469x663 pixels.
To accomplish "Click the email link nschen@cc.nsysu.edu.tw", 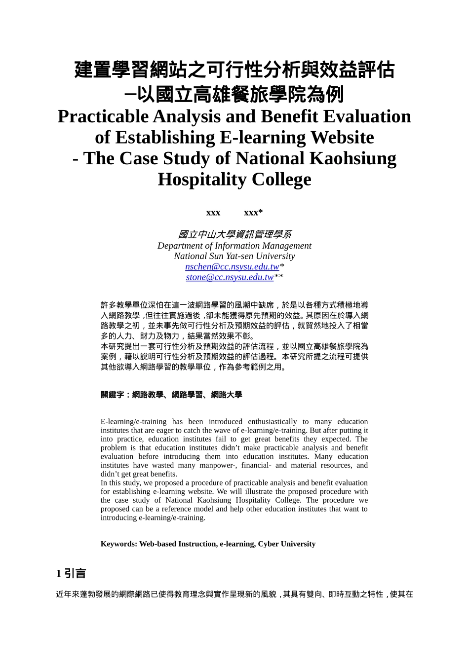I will (x=232, y=267).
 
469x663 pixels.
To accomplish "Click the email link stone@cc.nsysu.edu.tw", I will (x=230, y=277).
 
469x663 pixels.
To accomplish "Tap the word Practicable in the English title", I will (x=103, y=117).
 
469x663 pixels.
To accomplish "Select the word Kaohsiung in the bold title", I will (x=352, y=159).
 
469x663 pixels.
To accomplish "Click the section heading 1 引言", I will (x=71, y=573).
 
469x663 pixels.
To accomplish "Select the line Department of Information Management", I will (x=234, y=246).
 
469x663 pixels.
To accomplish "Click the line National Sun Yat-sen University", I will (x=234, y=256).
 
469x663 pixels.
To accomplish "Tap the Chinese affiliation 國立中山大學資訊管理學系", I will (x=234, y=235).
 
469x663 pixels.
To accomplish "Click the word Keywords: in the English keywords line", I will (x=118, y=544).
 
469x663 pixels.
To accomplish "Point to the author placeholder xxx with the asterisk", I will (x=253, y=213).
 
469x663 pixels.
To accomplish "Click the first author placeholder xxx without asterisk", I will (x=213, y=213).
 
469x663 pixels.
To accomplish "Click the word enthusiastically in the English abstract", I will (x=272, y=422).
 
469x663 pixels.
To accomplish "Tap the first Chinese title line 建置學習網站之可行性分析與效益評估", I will (x=234, y=70).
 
